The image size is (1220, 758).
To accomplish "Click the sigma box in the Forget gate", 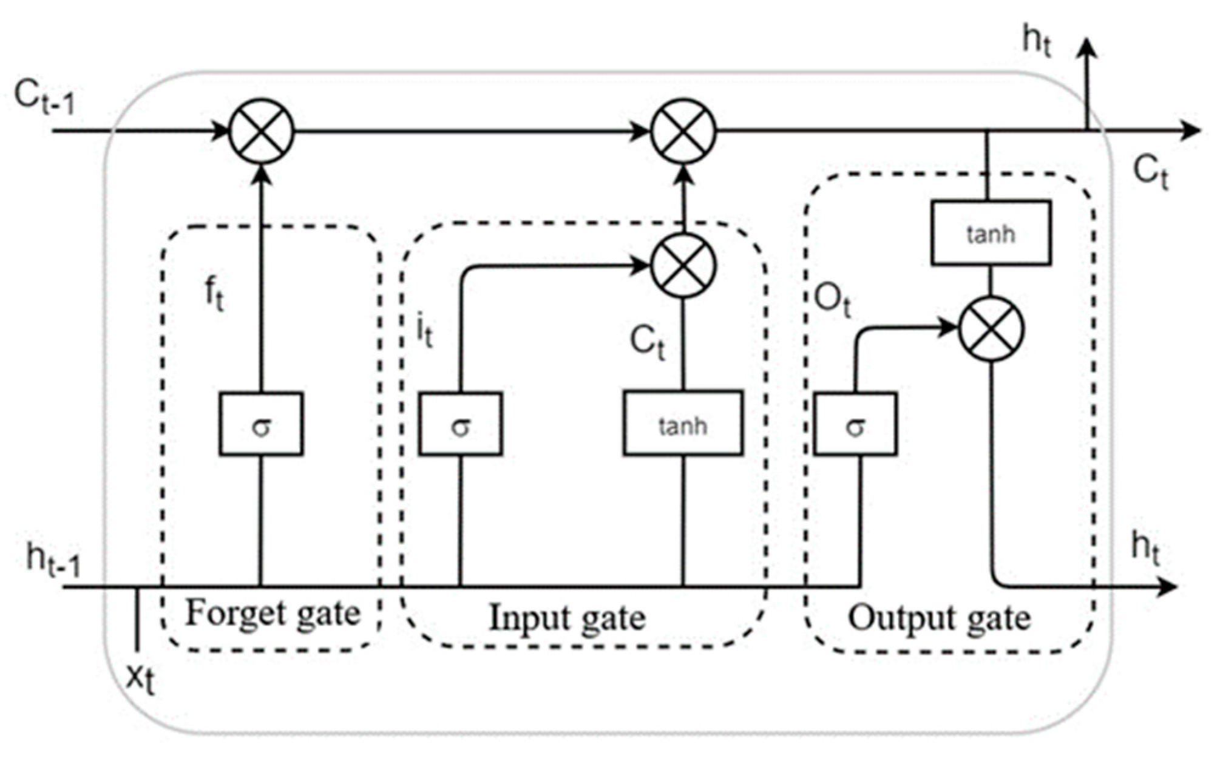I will [261, 424].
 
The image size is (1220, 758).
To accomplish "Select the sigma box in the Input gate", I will [460, 424].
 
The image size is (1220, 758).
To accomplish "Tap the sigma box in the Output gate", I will [855, 424].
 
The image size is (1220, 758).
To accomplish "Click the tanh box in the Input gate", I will [683, 423].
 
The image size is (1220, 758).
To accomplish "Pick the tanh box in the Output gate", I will [991, 232].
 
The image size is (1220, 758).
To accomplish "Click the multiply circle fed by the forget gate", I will [261, 131].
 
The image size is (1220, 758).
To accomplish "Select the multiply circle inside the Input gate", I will [683, 266].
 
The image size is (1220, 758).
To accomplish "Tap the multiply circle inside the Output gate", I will [991, 329].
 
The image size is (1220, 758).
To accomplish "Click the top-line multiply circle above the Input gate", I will [683, 131].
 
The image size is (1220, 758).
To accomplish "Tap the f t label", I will [214, 294].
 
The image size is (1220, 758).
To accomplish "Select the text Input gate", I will [567, 618].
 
